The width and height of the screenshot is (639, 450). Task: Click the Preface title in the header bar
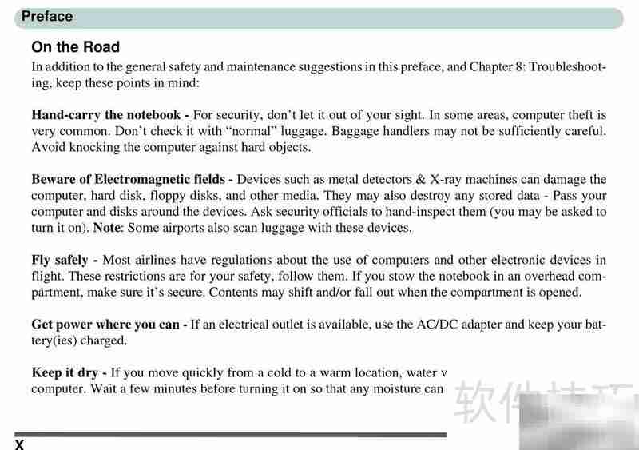tap(47, 16)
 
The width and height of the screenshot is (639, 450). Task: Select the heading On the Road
tap(75, 47)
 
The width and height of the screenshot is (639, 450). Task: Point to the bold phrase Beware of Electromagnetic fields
tap(132, 180)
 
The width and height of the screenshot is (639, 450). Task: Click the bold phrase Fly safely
tap(65, 260)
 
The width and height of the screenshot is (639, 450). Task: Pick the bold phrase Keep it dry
tap(69, 373)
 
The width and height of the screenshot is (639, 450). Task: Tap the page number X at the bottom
tap(20, 444)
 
